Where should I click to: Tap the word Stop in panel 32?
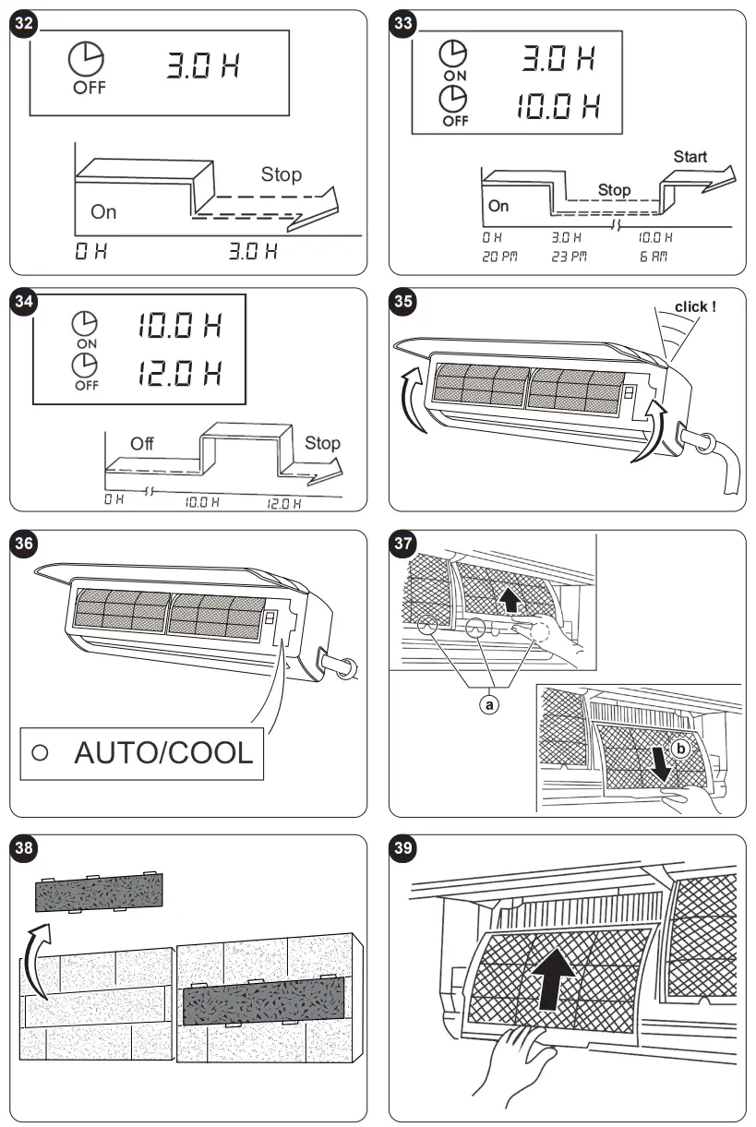pos(281,174)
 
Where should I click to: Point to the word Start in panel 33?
pos(690,156)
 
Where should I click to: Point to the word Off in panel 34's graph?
pos(142,443)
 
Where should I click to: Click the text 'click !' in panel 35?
pos(695,306)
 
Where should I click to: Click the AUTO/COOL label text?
pos(163,751)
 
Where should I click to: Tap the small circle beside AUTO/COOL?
pos(39,752)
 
